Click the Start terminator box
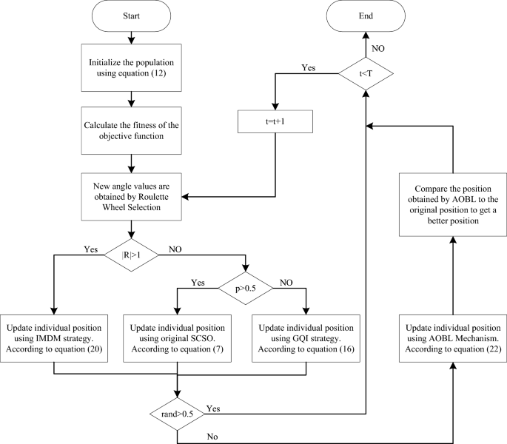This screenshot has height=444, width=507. coord(130,14)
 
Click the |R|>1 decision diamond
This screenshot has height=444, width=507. coord(130,254)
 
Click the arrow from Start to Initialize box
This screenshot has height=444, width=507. coord(130,37)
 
